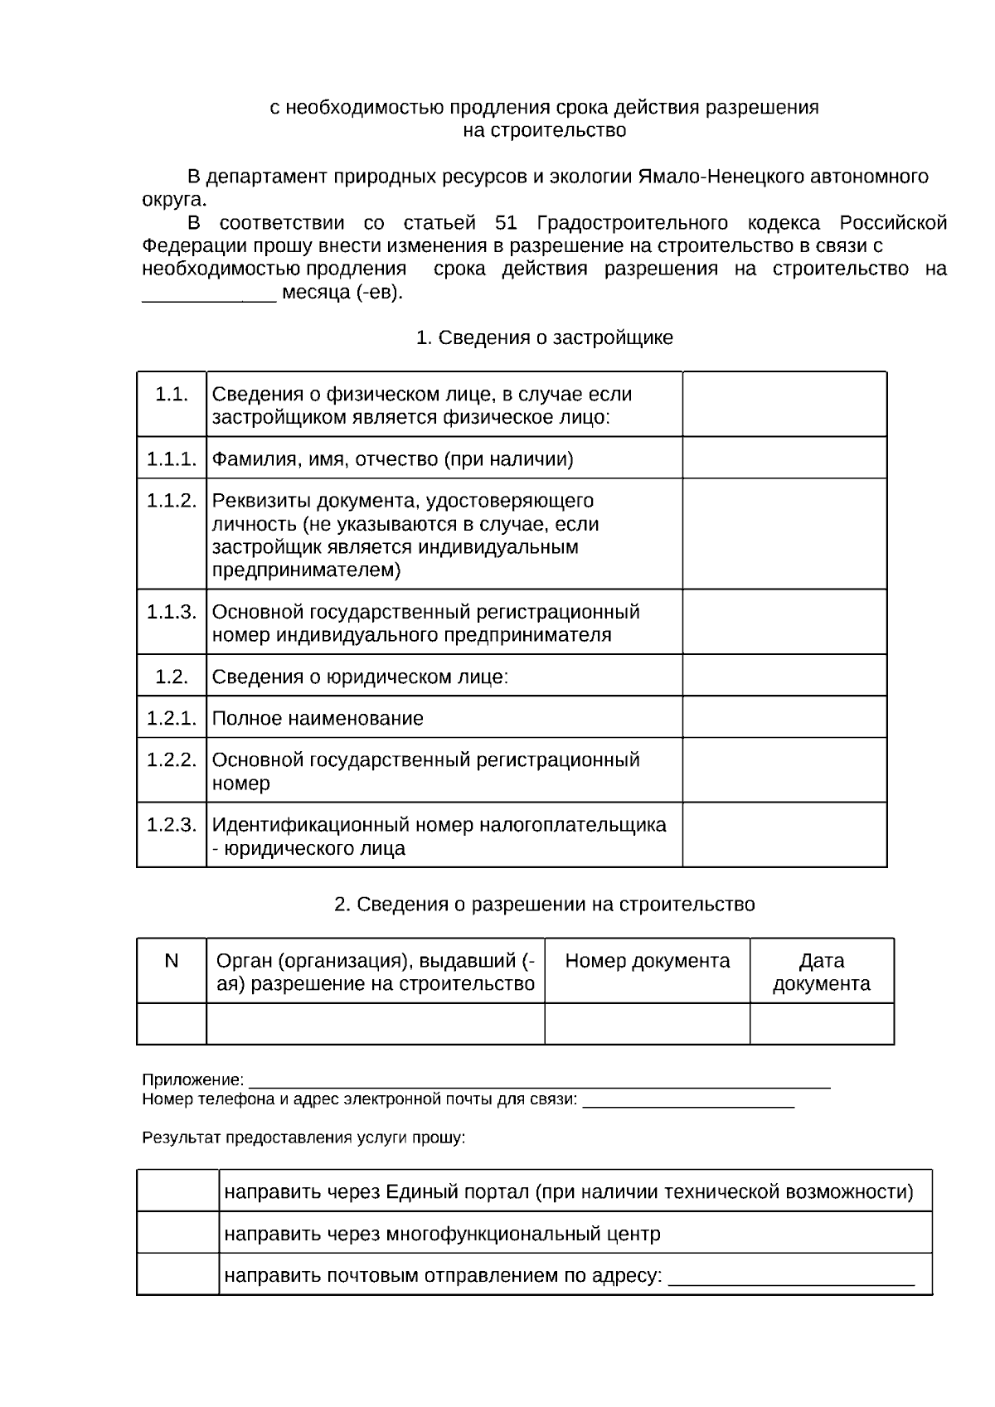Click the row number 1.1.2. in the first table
click(172, 501)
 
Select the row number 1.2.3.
click(172, 825)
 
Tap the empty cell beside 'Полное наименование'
click(784, 717)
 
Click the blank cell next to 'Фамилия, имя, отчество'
click(784, 458)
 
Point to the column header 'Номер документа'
click(647, 961)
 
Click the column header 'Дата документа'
click(821, 972)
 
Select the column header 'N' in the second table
click(172, 961)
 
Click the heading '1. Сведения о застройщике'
click(544, 337)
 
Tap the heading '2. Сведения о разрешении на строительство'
click(544, 904)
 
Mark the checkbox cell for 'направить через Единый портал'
click(177, 1191)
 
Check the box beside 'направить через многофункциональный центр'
click(177, 1233)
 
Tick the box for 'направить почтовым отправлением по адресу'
click(177, 1274)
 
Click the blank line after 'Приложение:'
click(539, 1081)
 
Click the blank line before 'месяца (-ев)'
click(209, 295)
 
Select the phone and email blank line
click(688, 1101)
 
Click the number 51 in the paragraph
click(506, 223)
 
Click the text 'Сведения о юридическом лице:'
click(360, 677)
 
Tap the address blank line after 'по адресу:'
click(791, 1277)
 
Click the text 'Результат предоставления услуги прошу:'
click(303, 1138)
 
